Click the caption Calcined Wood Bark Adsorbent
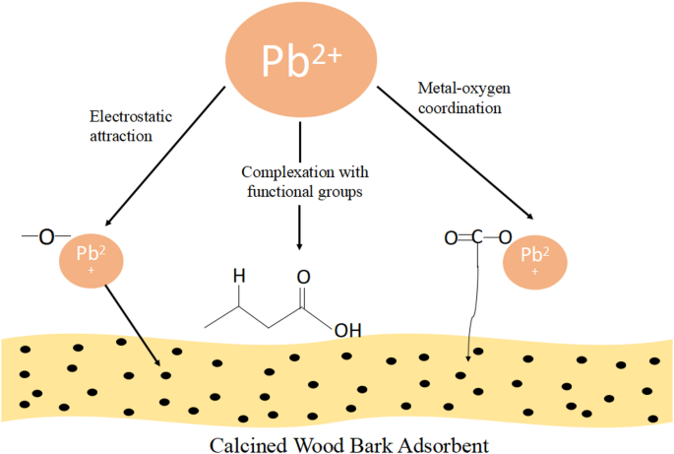(347, 443)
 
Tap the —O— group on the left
(40, 236)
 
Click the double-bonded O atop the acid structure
(303, 278)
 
